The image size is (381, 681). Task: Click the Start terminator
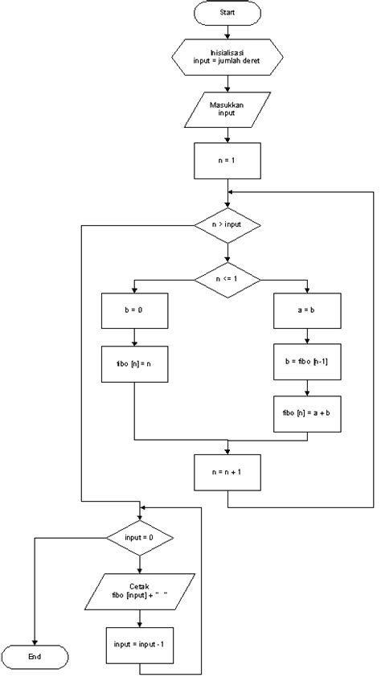pyautogui.click(x=227, y=13)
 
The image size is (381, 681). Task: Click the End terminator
pyautogui.click(x=35, y=657)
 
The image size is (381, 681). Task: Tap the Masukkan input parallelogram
pyautogui.click(x=227, y=110)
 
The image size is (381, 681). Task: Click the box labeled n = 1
pyautogui.click(x=227, y=160)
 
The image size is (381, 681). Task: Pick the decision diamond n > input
pyautogui.click(x=227, y=226)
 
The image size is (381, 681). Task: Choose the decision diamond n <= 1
pyautogui.click(x=227, y=278)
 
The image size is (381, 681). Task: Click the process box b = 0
pyautogui.click(x=134, y=310)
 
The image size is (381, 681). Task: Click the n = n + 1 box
pyautogui.click(x=227, y=473)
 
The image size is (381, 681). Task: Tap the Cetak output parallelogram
pyautogui.click(x=141, y=591)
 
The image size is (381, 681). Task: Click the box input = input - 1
pyautogui.click(x=141, y=643)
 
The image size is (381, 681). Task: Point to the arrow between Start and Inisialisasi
pyautogui.click(x=227, y=32)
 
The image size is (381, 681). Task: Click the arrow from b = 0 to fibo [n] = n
pyautogui.click(x=134, y=337)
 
